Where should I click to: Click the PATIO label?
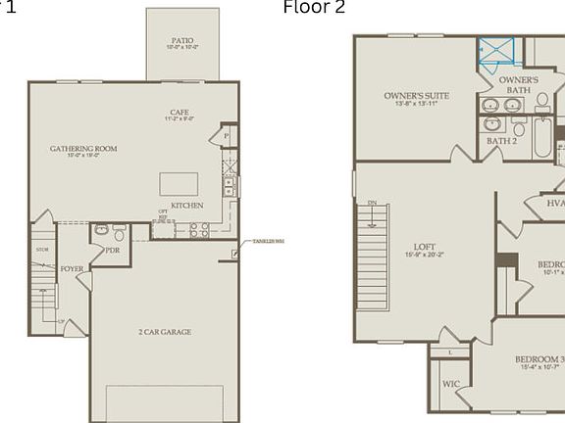click(182, 40)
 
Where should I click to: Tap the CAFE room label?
click(180, 113)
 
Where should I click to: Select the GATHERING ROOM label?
click(83, 150)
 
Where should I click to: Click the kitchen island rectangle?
click(179, 184)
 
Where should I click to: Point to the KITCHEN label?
click(187, 206)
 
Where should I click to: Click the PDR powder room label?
click(113, 250)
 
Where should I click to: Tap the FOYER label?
click(72, 268)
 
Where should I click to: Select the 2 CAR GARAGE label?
click(165, 332)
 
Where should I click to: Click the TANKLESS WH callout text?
click(268, 241)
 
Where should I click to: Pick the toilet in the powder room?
click(119, 233)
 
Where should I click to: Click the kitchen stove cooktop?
click(199, 229)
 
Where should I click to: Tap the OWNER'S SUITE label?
click(416, 96)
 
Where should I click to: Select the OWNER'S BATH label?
click(518, 84)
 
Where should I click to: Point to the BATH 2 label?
click(501, 141)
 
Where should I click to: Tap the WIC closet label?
click(450, 384)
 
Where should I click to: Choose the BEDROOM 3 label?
click(539, 359)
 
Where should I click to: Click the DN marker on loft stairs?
click(372, 203)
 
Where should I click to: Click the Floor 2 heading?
click(314, 8)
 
